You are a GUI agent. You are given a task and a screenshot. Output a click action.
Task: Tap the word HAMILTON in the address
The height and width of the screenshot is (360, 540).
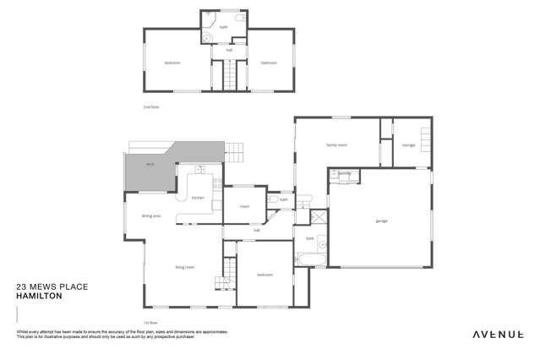point(36,296)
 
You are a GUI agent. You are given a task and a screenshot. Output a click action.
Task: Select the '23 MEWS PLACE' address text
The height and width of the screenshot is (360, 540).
point(52,287)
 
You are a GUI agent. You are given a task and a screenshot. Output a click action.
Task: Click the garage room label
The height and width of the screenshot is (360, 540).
point(380,221)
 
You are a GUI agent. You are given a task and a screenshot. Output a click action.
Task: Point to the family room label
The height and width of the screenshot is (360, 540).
point(337,145)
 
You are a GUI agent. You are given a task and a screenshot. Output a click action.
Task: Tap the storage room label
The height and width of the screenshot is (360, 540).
point(408,145)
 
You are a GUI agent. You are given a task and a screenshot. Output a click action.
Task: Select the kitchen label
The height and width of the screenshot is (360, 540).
point(198,198)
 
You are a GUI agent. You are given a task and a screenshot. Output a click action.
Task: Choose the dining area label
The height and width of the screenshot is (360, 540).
point(151,216)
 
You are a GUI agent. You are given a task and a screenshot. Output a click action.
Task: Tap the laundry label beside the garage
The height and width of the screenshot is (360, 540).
point(344,174)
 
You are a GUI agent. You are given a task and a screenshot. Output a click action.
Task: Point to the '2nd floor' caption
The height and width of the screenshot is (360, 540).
point(151,107)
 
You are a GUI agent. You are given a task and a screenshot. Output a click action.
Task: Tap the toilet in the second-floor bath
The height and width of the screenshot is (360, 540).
point(240,18)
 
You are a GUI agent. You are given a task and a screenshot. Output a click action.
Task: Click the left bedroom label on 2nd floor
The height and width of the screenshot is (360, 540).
point(172,63)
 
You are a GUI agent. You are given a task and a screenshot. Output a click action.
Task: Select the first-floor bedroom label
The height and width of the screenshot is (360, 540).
point(265,275)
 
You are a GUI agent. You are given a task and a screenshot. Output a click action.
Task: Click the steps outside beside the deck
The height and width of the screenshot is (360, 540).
point(235,153)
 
